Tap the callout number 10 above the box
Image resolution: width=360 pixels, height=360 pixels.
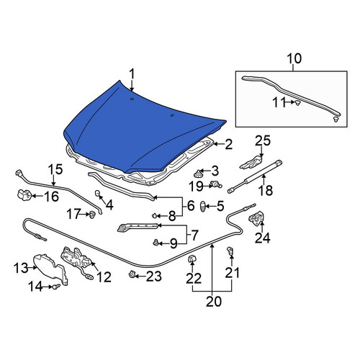pos(294,58)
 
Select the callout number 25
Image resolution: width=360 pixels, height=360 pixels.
pos(263,140)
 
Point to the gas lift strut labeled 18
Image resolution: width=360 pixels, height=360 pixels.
pos(255,177)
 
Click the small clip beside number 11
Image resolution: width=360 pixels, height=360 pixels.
pos(298,103)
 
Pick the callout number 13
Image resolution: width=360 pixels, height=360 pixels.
pos(21,268)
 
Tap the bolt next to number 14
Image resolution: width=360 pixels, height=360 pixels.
pos(56,287)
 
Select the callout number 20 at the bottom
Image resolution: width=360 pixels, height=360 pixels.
pos(214,302)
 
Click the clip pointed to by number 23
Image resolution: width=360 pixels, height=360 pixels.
pos(132,274)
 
